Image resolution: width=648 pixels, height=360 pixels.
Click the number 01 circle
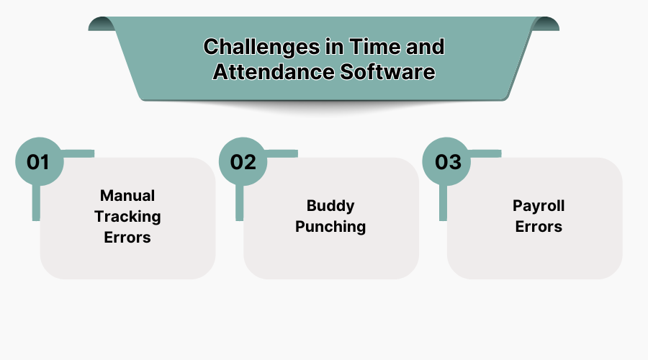[39, 161]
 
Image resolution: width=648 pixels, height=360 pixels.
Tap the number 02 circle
[243, 161]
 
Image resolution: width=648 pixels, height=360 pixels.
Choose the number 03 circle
[446, 161]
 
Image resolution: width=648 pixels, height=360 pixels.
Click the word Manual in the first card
[127, 196]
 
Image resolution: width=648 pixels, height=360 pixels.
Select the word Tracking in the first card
[127, 216]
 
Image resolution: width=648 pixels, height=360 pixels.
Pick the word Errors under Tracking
[127, 237]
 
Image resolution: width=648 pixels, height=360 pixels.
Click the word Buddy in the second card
[330, 206]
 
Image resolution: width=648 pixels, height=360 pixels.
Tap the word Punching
[330, 227]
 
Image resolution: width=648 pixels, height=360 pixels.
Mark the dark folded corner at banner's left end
[101, 24]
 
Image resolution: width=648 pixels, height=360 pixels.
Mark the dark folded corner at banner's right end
[547, 24]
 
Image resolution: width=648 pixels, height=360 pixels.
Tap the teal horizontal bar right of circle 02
[281, 153]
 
